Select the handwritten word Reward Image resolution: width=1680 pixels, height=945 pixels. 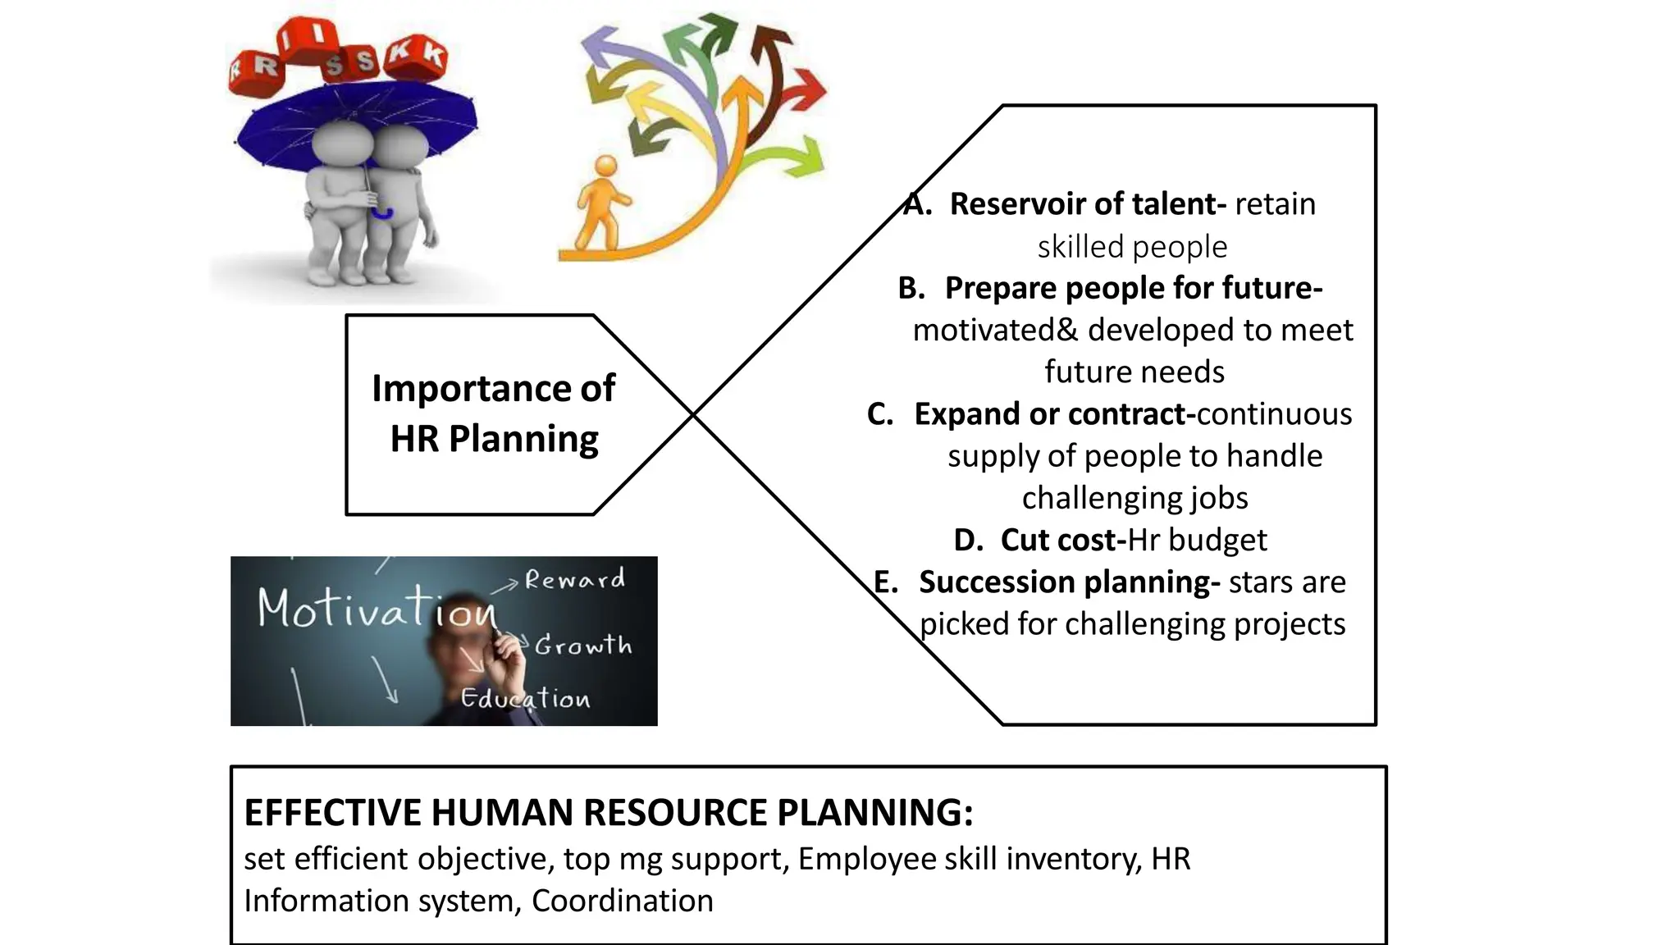click(x=574, y=580)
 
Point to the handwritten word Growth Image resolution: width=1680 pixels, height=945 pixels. click(x=583, y=646)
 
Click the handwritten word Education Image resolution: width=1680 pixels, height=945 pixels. click(x=525, y=698)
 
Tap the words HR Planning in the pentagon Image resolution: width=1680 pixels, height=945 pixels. click(x=494, y=439)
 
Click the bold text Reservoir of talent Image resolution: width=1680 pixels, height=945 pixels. click(x=1087, y=204)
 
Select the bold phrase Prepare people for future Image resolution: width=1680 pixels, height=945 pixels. click(x=1133, y=288)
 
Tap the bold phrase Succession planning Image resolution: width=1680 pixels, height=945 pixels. click(x=1069, y=582)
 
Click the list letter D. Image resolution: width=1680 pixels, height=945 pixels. click(x=968, y=540)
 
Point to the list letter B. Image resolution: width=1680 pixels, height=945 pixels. click(x=911, y=288)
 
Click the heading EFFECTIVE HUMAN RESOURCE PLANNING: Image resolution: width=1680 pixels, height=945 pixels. click(x=608, y=812)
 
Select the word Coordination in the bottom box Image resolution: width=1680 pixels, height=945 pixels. click(x=622, y=901)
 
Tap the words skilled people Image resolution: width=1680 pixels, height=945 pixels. click(x=1132, y=247)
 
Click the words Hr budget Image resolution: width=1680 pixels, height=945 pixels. click(x=1197, y=540)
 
